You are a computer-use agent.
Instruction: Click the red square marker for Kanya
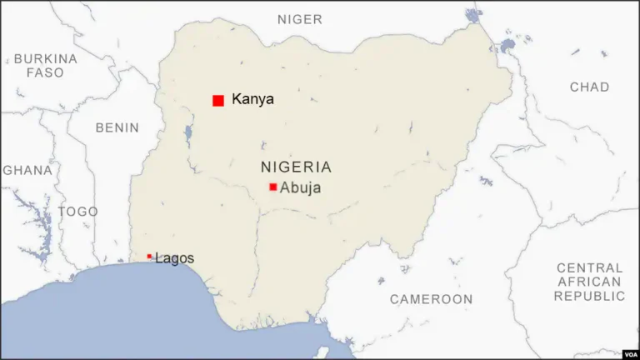(x=218, y=100)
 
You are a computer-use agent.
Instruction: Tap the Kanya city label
(x=252, y=99)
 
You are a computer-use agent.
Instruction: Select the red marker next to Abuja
(x=272, y=187)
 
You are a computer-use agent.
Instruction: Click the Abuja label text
(x=300, y=187)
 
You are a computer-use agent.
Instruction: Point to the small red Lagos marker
(x=149, y=257)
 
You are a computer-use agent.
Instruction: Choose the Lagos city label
(x=174, y=258)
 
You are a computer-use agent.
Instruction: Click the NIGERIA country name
(x=296, y=167)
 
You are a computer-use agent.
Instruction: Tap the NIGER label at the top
(x=300, y=19)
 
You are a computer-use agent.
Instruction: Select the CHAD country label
(x=589, y=87)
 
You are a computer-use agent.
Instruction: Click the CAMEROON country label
(x=431, y=298)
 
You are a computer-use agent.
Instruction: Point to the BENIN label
(x=117, y=127)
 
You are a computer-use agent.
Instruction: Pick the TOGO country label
(x=77, y=212)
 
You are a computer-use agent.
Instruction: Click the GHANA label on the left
(x=27, y=170)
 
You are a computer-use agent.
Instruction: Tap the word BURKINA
(x=45, y=59)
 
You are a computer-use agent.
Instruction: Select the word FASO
(x=45, y=72)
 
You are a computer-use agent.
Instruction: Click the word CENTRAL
(x=589, y=268)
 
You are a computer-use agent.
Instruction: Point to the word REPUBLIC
(x=589, y=296)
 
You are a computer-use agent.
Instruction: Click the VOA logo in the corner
(x=629, y=352)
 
